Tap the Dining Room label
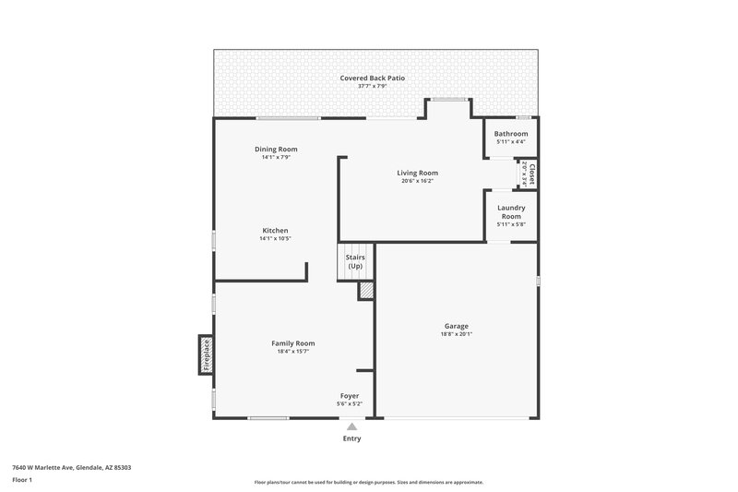[x=276, y=149]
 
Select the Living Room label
[x=417, y=173]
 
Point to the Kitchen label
[x=275, y=230]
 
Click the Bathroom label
[x=511, y=134]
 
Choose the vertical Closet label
[x=531, y=174]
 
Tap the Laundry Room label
[x=511, y=211]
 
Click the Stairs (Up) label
[x=355, y=261]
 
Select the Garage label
[x=457, y=326]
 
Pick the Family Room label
[x=293, y=343]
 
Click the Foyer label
[x=350, y=396]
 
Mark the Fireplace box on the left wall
[x=206, y=354]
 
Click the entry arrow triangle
[x=351, y=426]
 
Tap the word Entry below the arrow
[x=351, y=438]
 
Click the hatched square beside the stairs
[x=366, y=290]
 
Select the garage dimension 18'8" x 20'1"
[x=457, y=334]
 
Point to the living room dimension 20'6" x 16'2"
[x=417, y=181]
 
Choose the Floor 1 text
[x=22, y=480]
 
